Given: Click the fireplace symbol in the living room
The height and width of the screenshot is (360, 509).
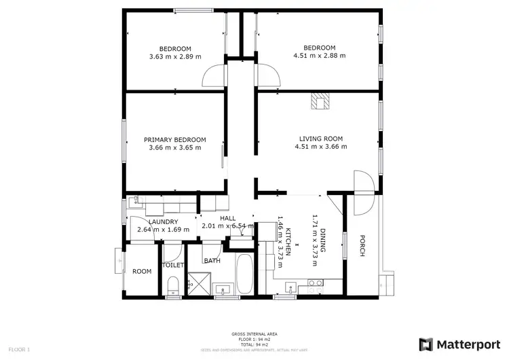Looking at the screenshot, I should coord(320,102).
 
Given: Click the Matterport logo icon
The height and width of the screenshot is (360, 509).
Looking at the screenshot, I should coord(426,344).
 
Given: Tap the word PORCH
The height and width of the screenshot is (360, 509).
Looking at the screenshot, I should coord(362,246).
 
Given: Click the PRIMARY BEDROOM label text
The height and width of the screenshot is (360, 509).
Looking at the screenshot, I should coord(174,140).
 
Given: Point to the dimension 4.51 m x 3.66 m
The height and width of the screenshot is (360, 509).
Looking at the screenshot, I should coord(320,147).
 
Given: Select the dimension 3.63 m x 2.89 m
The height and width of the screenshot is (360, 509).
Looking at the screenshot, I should coord(174,56).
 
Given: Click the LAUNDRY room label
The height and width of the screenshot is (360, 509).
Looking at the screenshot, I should coord(163,221).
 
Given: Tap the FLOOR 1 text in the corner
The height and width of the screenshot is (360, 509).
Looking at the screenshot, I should coord(20,349).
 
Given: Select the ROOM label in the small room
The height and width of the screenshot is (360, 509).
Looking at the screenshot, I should coord(142,271).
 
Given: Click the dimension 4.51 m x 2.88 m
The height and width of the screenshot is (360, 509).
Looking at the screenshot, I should coord(319,56).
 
